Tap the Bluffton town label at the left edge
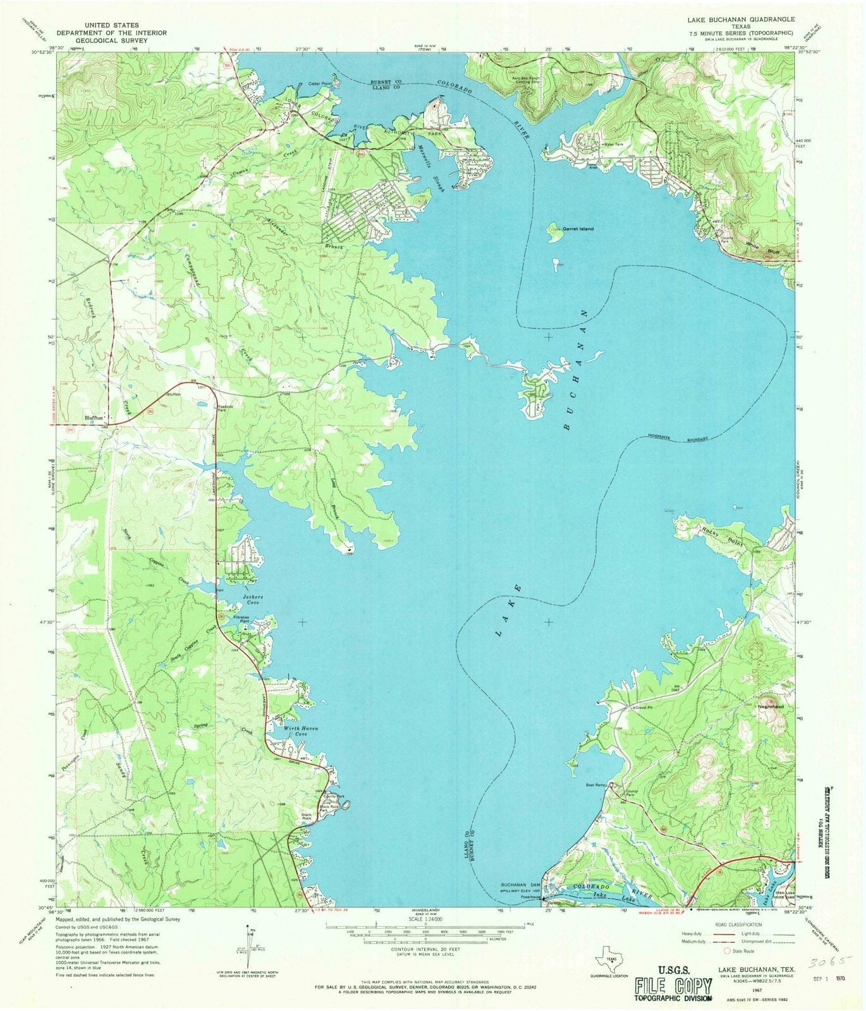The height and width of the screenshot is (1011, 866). [95, 418]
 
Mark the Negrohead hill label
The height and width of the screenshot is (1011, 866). [775, 706]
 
